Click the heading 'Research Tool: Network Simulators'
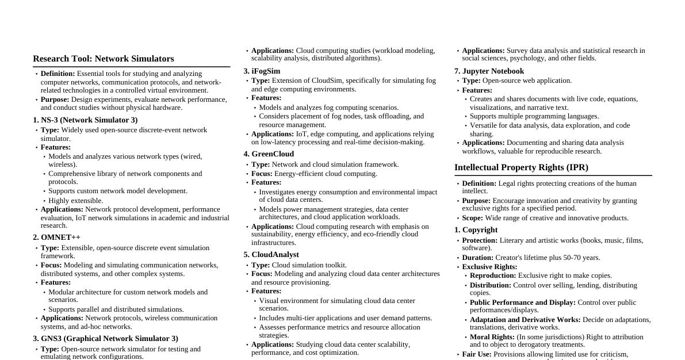103,59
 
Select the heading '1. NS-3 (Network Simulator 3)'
85,120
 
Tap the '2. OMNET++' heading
56,238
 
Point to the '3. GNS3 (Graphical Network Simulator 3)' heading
105,339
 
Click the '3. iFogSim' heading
262,71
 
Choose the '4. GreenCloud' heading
269,154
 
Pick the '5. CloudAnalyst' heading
271,255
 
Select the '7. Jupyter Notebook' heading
489,71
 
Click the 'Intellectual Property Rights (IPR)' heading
521,167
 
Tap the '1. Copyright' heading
476,230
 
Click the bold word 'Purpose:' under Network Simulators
55,99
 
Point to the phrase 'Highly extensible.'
76,201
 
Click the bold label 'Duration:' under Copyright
479,258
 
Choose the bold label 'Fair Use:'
477,354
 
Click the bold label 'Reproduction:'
493,275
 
